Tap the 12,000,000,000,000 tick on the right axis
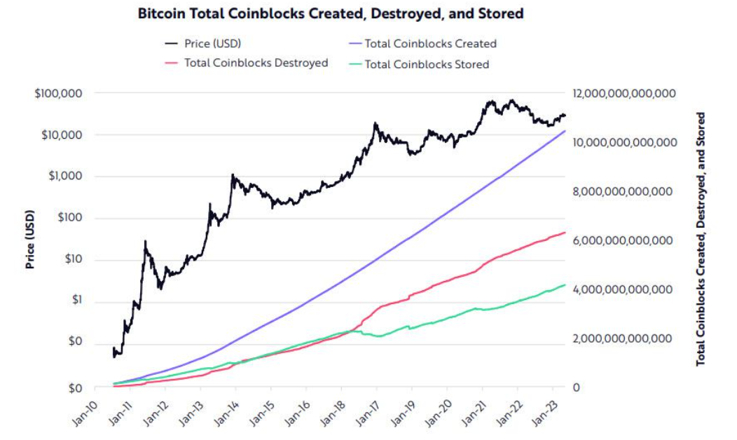click(x=624, y=93)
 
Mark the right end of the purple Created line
click(x=565, y=131)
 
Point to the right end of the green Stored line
click(x=565, y=285)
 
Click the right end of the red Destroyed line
click(x=565, y=233)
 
